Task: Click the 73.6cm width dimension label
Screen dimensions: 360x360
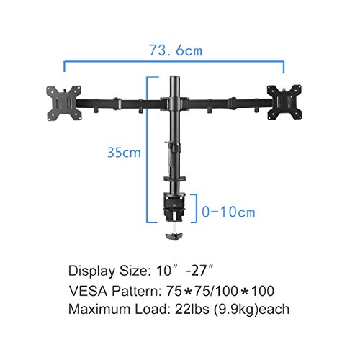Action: point(176,50)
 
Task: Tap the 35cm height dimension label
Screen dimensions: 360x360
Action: point(124,153)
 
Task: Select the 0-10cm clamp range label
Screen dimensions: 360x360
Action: point(228,212)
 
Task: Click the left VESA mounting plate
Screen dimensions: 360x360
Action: point(63,103)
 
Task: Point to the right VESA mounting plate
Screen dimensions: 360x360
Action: point(284,102)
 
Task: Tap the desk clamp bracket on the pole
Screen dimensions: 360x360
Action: point(174,207)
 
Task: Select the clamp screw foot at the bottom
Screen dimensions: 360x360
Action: point(174,236)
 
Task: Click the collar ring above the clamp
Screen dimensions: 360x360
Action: point(175,179)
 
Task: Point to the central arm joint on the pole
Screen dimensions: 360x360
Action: point(175,104)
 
